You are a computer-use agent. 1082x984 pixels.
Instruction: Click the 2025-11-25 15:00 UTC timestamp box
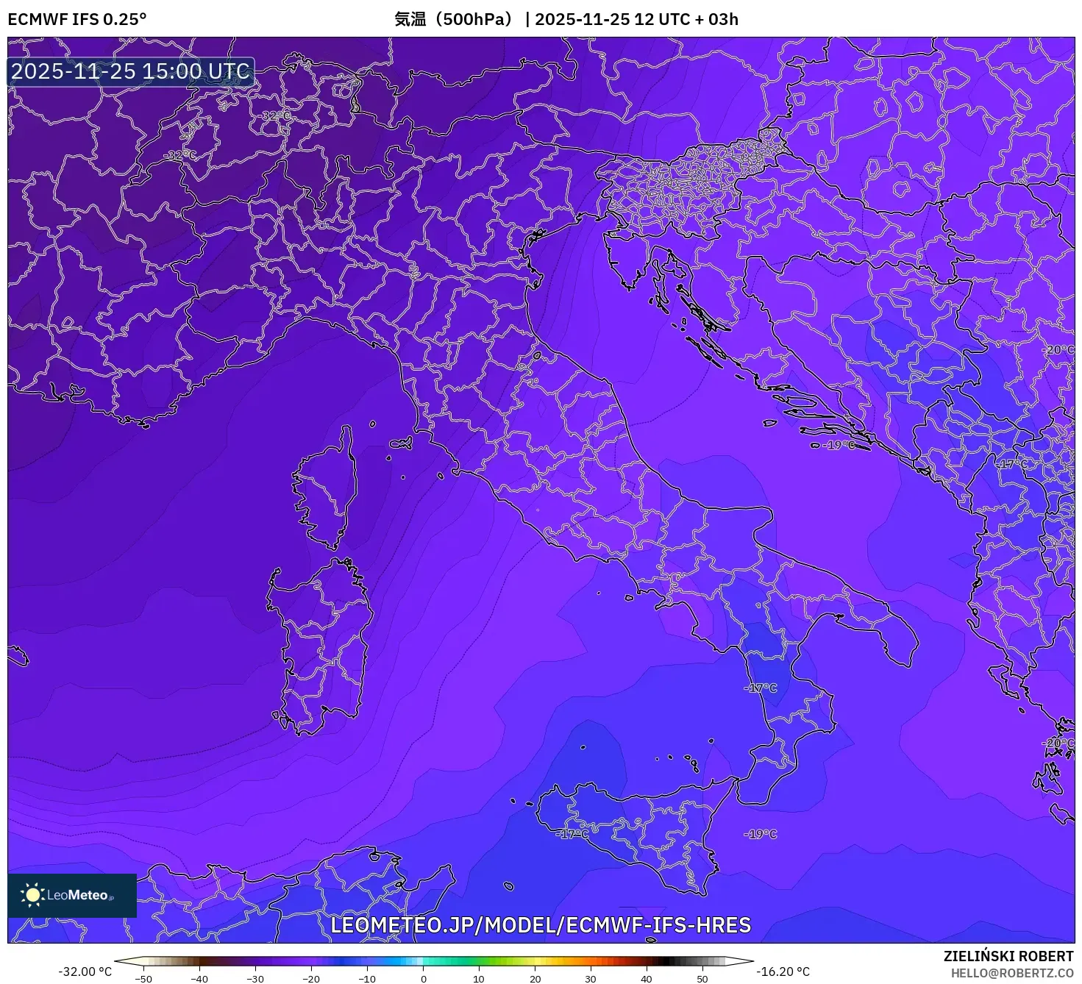click(x=131, y=71)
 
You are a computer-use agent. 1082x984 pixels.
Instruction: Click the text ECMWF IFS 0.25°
click(x=77, y=19)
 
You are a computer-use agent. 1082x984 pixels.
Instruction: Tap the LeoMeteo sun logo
click(x=32, y=895)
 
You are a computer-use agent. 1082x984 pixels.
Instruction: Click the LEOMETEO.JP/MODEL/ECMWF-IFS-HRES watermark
click(x=541, y=925)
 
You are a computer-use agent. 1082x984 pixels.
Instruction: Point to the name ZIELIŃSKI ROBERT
click(x=1008, y=956)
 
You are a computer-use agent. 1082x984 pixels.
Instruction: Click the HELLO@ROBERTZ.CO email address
click(x=1011, y=973)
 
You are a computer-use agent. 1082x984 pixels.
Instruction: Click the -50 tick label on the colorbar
click(x=143, y=979)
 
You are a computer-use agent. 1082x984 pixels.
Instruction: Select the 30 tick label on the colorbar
click(x=591, y=979)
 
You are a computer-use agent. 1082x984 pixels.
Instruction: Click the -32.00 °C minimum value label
click(x=85, y=971)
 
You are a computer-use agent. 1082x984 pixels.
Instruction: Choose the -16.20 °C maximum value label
click(x=783, y=971)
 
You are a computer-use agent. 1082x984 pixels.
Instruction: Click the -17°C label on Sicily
click(x=572, y=834)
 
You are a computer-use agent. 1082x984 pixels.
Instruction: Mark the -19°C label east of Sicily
click(x=760, y=834)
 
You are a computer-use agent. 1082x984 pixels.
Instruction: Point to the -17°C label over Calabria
click(x=761, y=688)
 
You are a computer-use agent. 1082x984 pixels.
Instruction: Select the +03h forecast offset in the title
click(x=723, y=19)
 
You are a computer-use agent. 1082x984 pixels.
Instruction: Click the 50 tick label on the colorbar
click(x=702, y=979)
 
